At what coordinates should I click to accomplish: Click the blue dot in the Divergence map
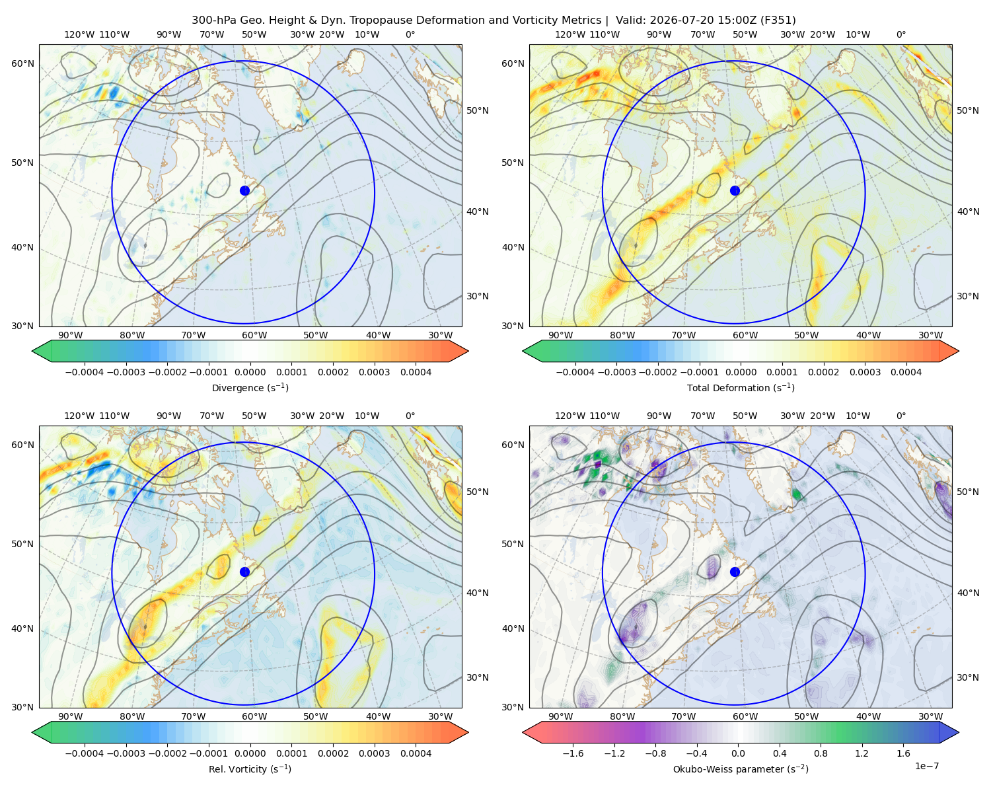244,191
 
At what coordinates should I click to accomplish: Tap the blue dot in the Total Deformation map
735,191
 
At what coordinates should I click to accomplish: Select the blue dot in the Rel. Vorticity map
244,572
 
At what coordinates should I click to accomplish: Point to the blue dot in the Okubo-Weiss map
735,572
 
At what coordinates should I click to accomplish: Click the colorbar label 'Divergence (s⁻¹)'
250,388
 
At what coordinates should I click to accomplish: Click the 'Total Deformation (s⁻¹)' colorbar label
741,388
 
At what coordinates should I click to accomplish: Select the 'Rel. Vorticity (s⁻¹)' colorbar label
250,769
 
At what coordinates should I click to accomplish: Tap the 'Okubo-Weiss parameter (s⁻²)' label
741,769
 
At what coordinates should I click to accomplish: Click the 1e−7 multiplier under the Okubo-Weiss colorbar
926,767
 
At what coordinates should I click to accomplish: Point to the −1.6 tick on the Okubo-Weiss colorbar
573,753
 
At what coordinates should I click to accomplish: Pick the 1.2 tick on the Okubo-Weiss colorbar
862,753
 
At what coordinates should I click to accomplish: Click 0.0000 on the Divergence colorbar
250,372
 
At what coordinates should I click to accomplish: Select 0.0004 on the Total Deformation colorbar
906,372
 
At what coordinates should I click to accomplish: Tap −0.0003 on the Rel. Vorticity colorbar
126,753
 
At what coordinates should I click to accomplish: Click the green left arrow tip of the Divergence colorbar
33,351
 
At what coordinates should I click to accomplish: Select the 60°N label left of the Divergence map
22,63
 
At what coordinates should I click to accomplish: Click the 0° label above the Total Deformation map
901,34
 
